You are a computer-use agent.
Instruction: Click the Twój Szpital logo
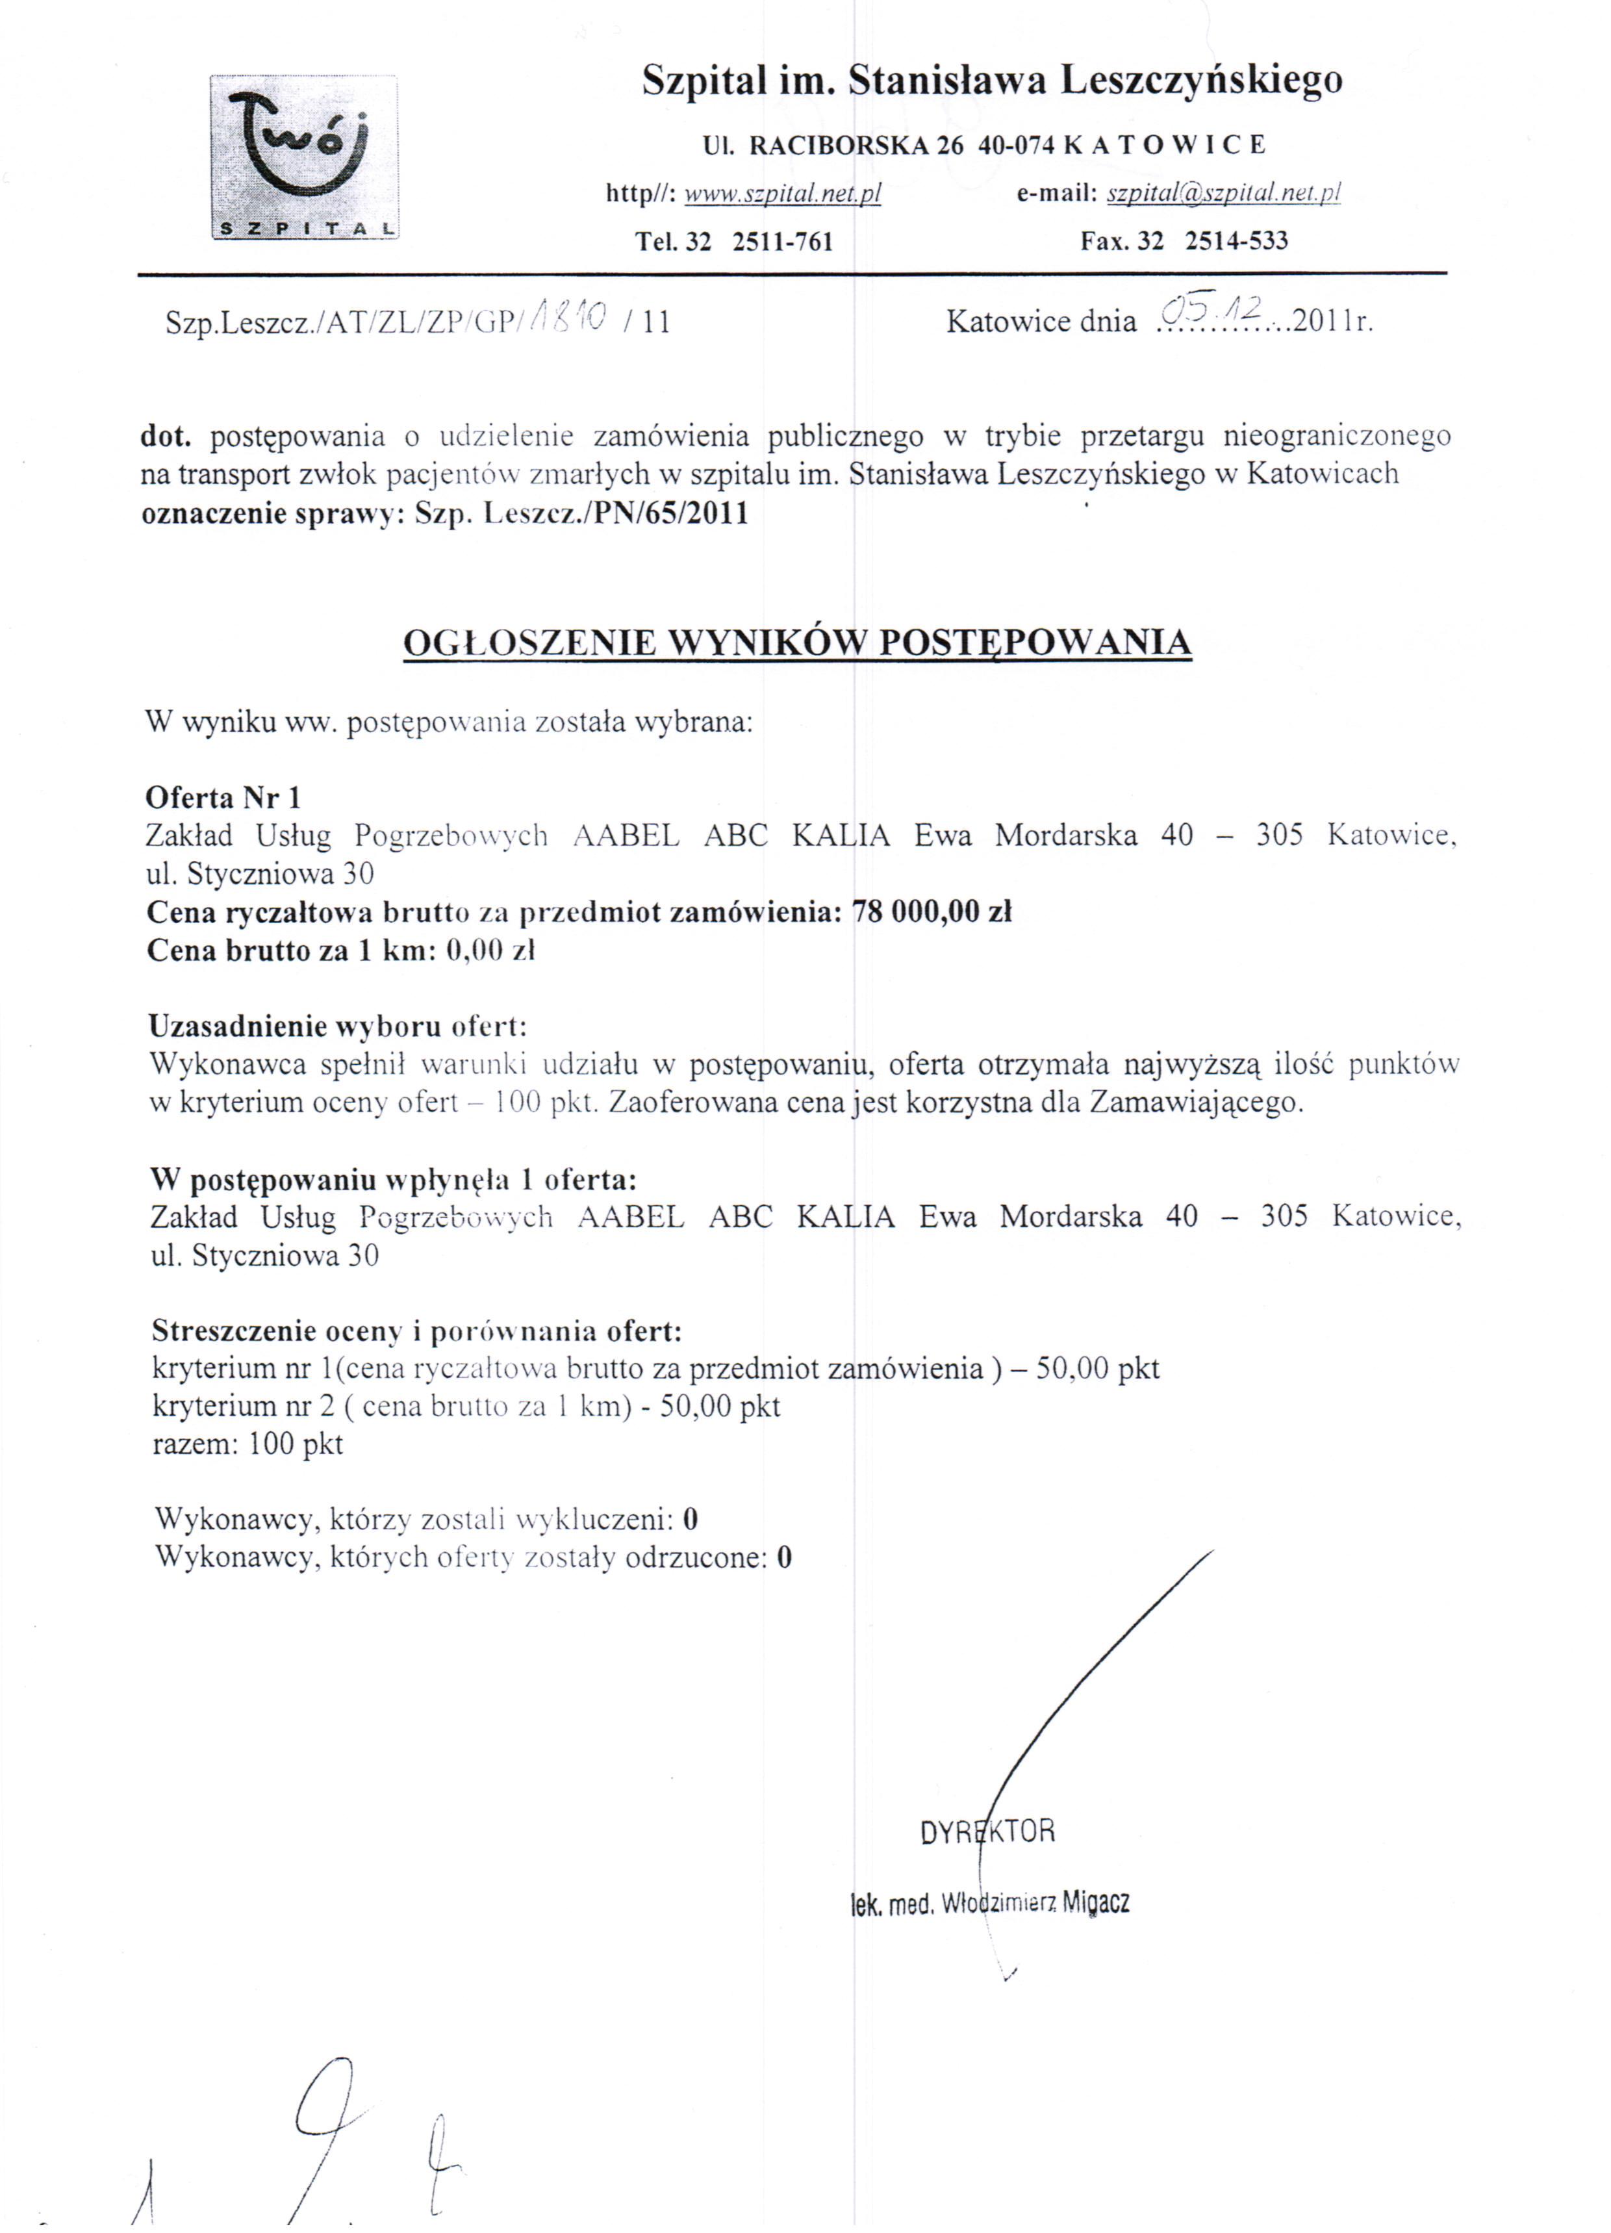[x=303, y=159]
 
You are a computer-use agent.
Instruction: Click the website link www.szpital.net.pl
[x=782, y=194]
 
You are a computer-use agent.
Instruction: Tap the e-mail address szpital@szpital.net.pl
[x=1223, y=193]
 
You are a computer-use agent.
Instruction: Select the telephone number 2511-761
[x=783, y=241]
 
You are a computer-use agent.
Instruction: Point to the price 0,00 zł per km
[x=489, y=951]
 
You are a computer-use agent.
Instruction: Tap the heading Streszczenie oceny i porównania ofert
[x=416, y=1331]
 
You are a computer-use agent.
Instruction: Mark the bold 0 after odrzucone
[x=784, y=1557]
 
